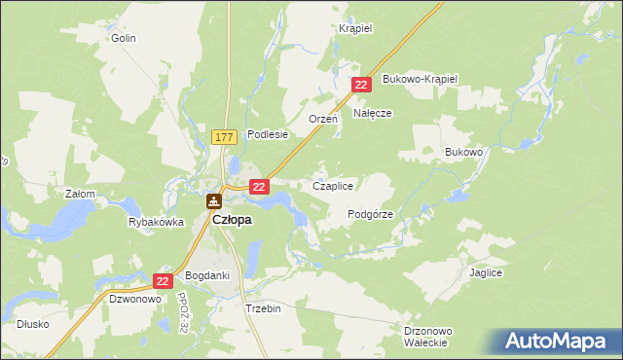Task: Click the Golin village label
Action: pyautogui.click(x=123, y=39)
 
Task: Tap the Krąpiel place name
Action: pyautogui.click(x=355, y=29)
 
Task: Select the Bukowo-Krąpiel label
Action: pyautogui.click(x=420, y=78)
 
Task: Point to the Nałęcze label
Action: pyautogui.click(x=372, y=113)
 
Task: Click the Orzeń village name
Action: pyautogui.click(x=322, y=119)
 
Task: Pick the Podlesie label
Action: pyautogui.click(x=268, y=135)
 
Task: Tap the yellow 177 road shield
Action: pyautogui.click(x=224, y=139)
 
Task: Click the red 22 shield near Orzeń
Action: pyautogui.click(x=361, y=86)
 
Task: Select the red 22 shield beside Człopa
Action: pyautogui.click(x=259, y=185)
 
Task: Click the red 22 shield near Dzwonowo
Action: pyautogui.click(x=164, y=280)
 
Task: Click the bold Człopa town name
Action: pyautogui.click(x=232, y=220)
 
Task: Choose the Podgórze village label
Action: pyautogui.click(x=370, y=214)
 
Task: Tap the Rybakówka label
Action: pyautogui.click(x=156, y=222)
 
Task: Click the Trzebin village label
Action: pyautogui.click(x=263, y=306)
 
